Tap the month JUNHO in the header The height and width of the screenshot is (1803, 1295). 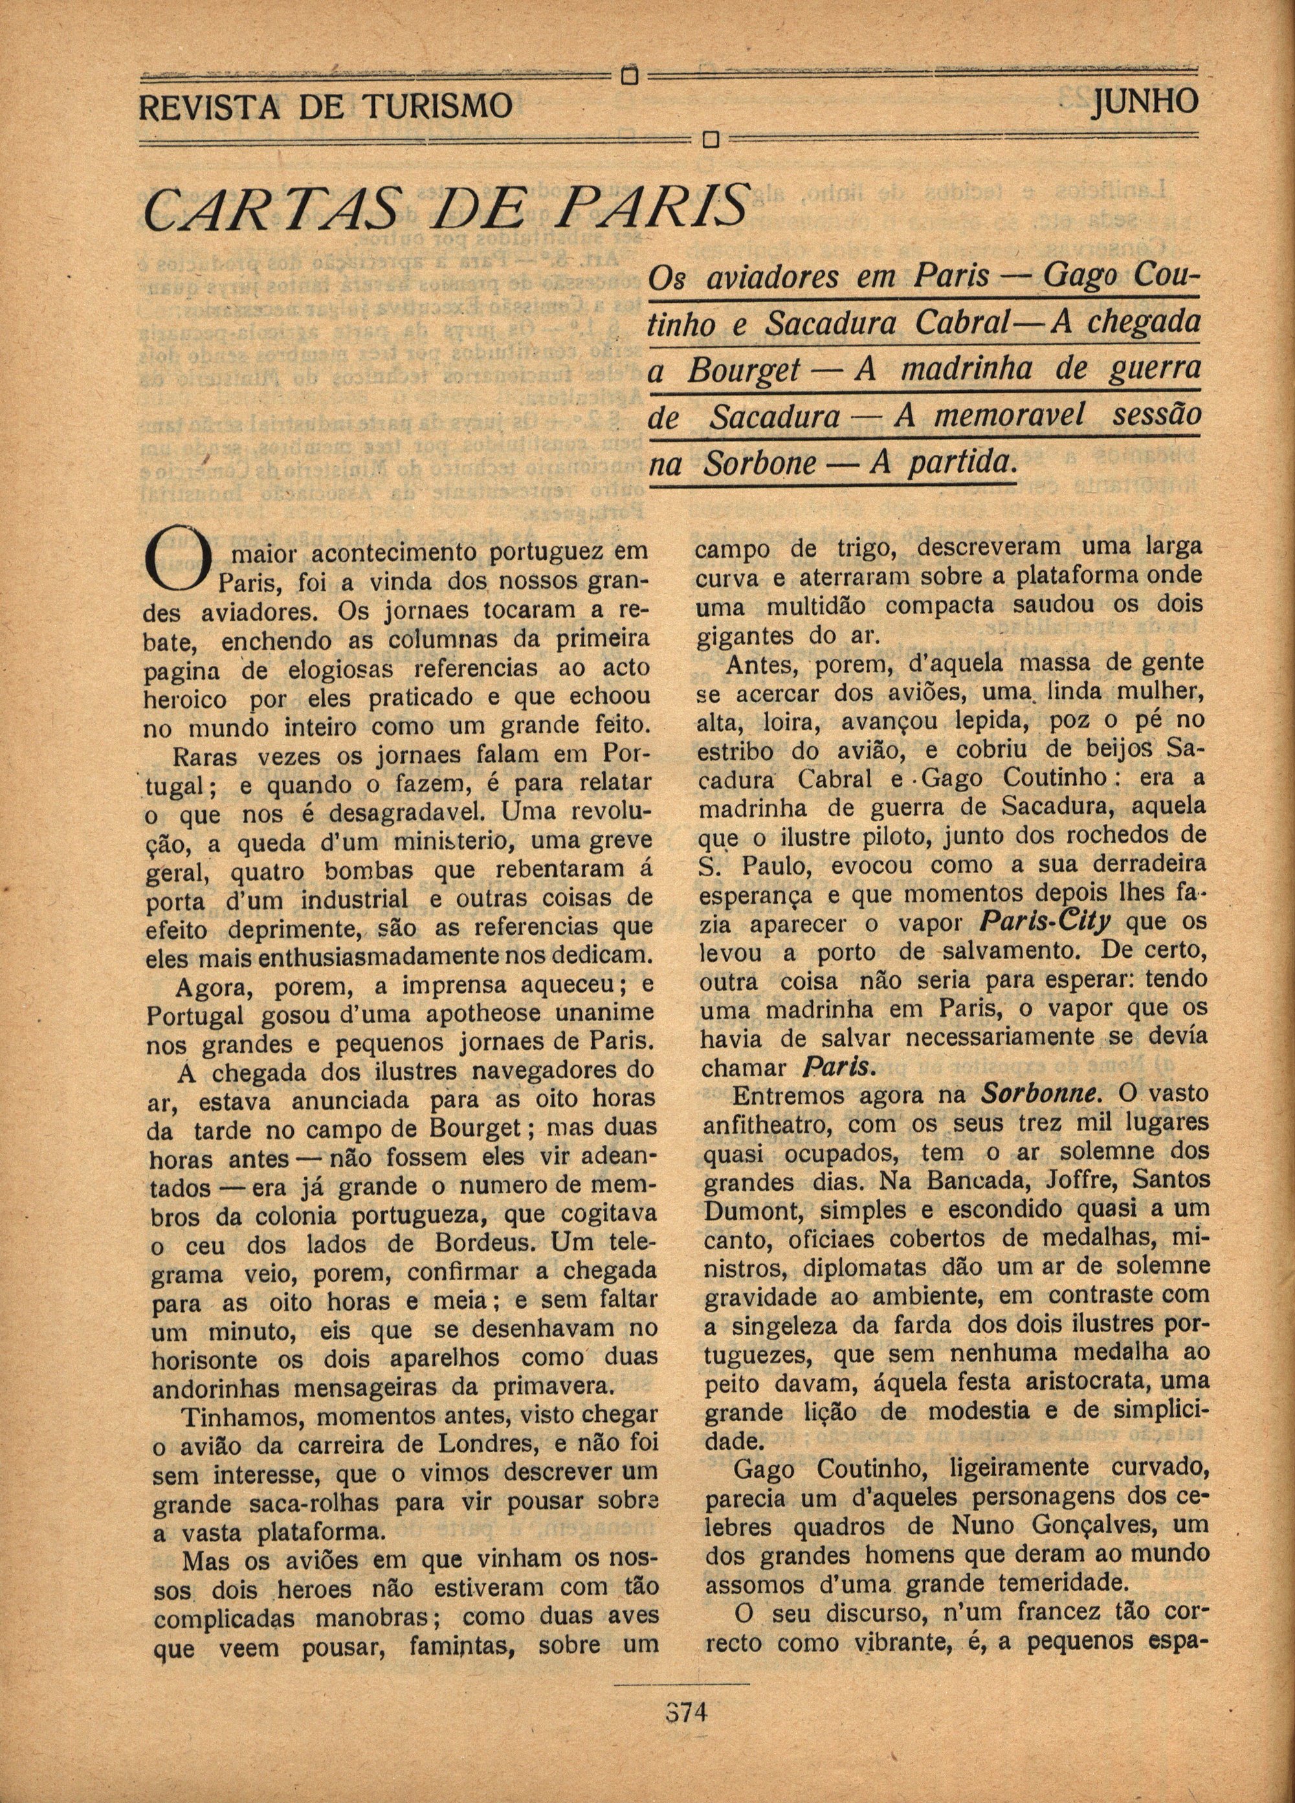pos(1144,102)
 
